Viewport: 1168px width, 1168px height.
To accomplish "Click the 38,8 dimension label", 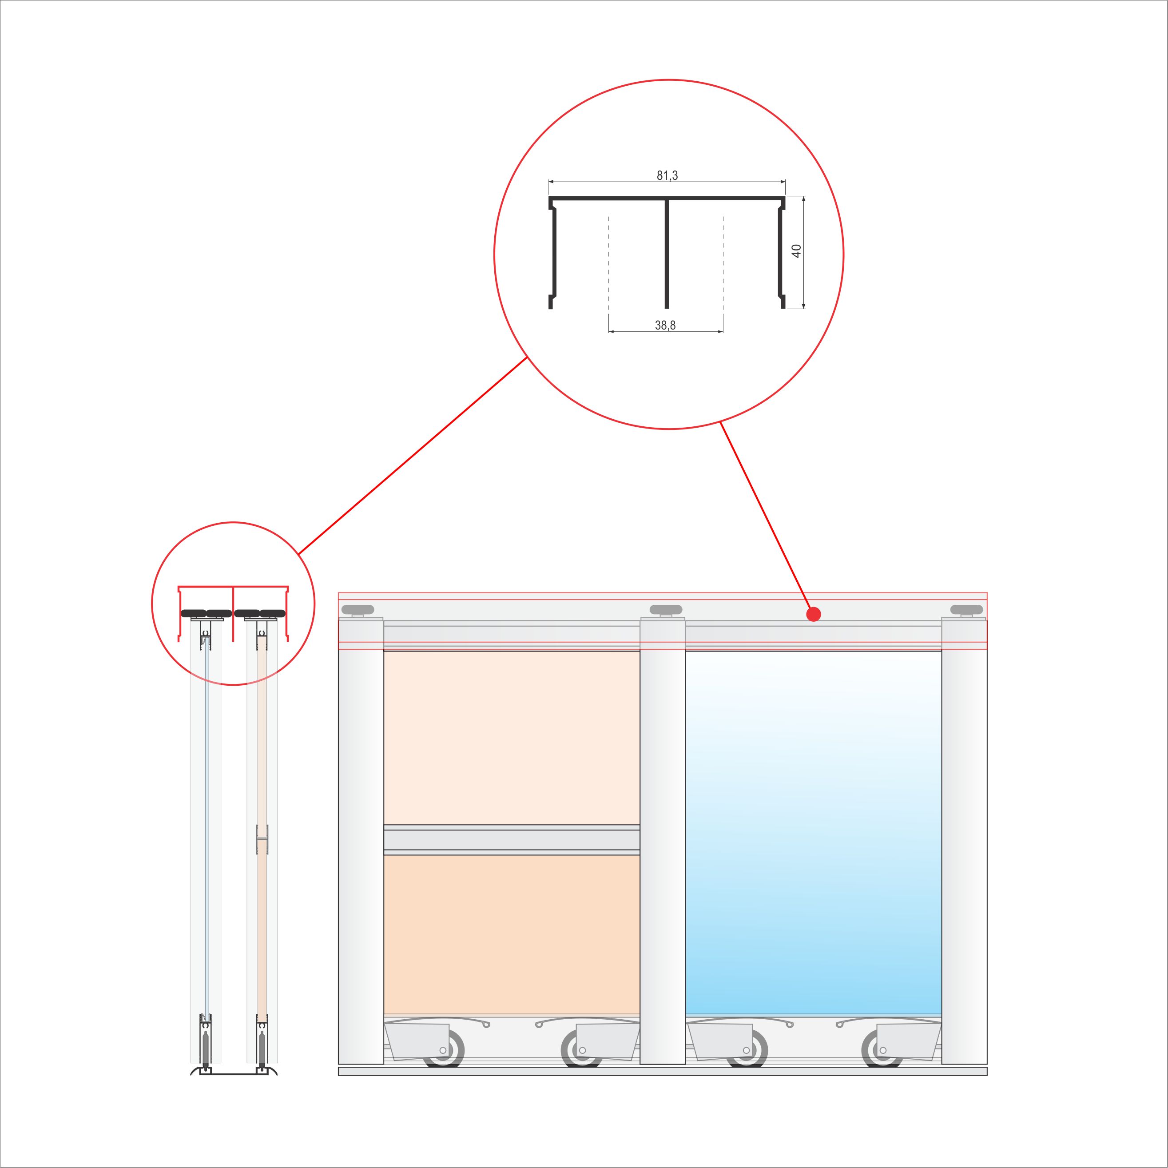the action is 665,325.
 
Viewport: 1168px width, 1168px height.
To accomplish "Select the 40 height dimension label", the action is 796,251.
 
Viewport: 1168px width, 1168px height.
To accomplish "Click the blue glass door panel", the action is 813,832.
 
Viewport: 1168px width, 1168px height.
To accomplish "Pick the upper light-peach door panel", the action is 512,737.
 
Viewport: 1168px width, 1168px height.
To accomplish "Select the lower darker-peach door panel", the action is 512,934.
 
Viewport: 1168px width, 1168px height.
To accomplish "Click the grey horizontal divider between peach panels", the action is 512,839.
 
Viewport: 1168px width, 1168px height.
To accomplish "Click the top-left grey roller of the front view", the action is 358,609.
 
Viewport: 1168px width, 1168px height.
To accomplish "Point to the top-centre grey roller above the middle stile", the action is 666,609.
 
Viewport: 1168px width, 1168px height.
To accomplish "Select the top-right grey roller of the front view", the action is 967,609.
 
